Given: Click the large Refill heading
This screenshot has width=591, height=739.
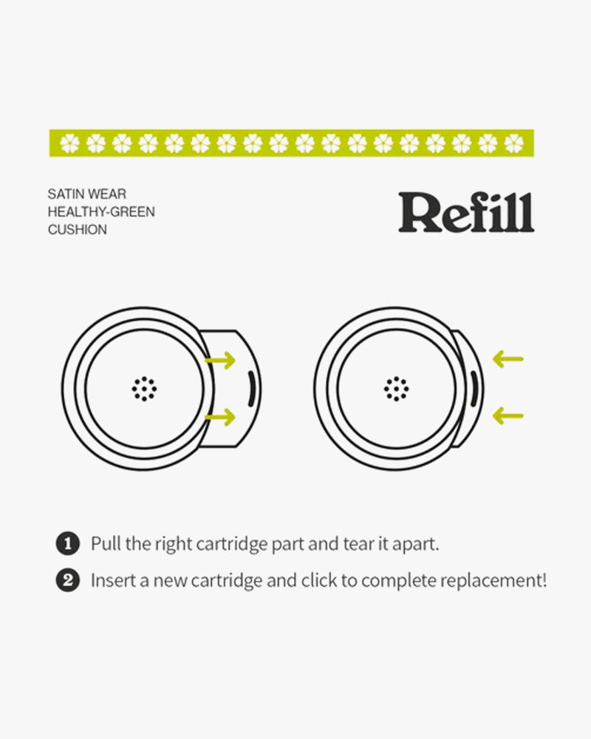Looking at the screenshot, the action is [466, 212].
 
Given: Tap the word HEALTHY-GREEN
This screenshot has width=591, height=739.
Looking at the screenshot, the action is [101, 211].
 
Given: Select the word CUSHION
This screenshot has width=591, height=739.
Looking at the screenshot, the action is [78, 230].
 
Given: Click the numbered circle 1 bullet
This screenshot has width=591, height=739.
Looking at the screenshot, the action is [68, 543].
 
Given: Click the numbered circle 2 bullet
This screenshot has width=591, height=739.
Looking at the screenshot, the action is [68, 579].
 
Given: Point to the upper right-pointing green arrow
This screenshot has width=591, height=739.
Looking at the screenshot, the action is [221, 360].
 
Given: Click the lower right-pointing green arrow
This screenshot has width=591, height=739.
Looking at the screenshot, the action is [221, 417].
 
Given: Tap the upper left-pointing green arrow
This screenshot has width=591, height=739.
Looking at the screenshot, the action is [508, 359].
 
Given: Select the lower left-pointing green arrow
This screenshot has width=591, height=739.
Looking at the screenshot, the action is [508, 415].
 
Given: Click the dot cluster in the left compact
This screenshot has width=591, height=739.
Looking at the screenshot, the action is [144, 389].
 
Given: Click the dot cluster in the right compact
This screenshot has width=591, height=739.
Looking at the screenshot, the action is [397, 389].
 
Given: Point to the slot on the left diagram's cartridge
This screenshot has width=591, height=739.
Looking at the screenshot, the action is [251, 389].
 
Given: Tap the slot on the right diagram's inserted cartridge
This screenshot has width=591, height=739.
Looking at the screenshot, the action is [474, 389].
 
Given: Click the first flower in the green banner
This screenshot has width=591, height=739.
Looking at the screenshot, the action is [69, 143].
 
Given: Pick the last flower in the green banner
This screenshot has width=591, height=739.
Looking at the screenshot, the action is [513, 143].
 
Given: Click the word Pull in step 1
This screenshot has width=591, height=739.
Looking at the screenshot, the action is [106, 543].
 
